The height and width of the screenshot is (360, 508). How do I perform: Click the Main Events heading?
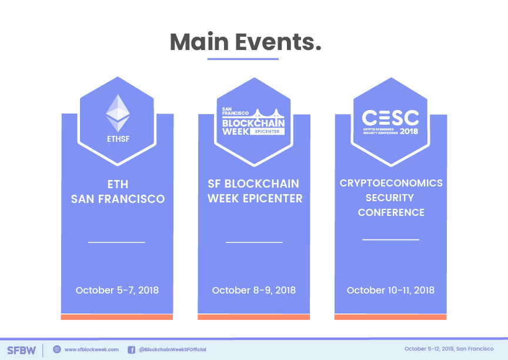(246, 42)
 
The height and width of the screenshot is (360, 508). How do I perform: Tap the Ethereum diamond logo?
(118, 113)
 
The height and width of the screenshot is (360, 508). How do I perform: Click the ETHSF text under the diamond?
(118, 139)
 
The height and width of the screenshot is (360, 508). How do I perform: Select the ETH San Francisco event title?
(118, 192)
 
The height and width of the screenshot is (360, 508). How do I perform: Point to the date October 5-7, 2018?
(117, 290)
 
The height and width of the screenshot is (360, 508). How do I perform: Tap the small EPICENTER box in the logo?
(268, 132)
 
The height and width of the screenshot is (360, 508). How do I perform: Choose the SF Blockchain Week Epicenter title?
(255, 191)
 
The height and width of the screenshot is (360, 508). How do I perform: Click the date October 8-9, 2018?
(253, 290)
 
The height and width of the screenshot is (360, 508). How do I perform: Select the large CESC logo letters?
(390, 118)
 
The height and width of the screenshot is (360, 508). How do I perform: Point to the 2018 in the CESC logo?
(409, 131)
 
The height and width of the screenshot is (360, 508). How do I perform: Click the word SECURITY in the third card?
(390, 198)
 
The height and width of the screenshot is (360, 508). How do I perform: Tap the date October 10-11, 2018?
(390, 290)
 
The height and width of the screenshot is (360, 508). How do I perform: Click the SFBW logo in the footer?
(21, 350)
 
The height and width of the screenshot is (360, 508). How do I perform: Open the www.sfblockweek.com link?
(92, 349)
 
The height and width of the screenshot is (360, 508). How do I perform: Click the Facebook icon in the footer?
(131, 349)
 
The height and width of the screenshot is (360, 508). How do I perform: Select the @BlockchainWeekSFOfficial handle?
(172, 349)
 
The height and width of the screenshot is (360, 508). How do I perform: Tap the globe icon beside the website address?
(57, 349)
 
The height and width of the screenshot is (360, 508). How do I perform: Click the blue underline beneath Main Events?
(243, 59)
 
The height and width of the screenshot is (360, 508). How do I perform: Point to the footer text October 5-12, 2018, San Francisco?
(449, 349)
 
